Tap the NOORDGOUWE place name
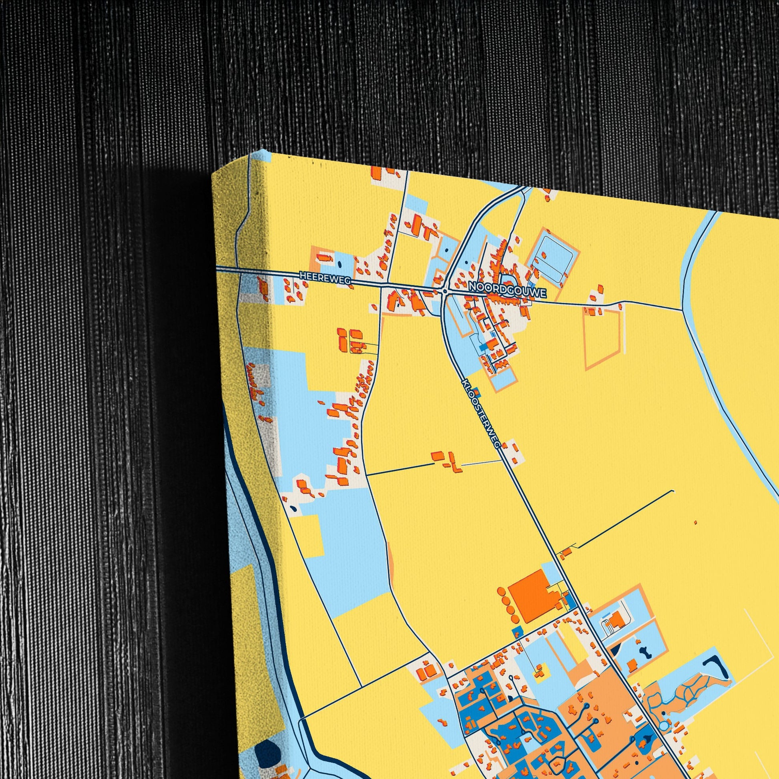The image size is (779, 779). click(507, 290)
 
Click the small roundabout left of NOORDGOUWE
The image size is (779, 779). click(444, 290)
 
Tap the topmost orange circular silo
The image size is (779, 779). click(501, 591)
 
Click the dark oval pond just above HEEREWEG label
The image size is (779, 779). click(338, 264)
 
